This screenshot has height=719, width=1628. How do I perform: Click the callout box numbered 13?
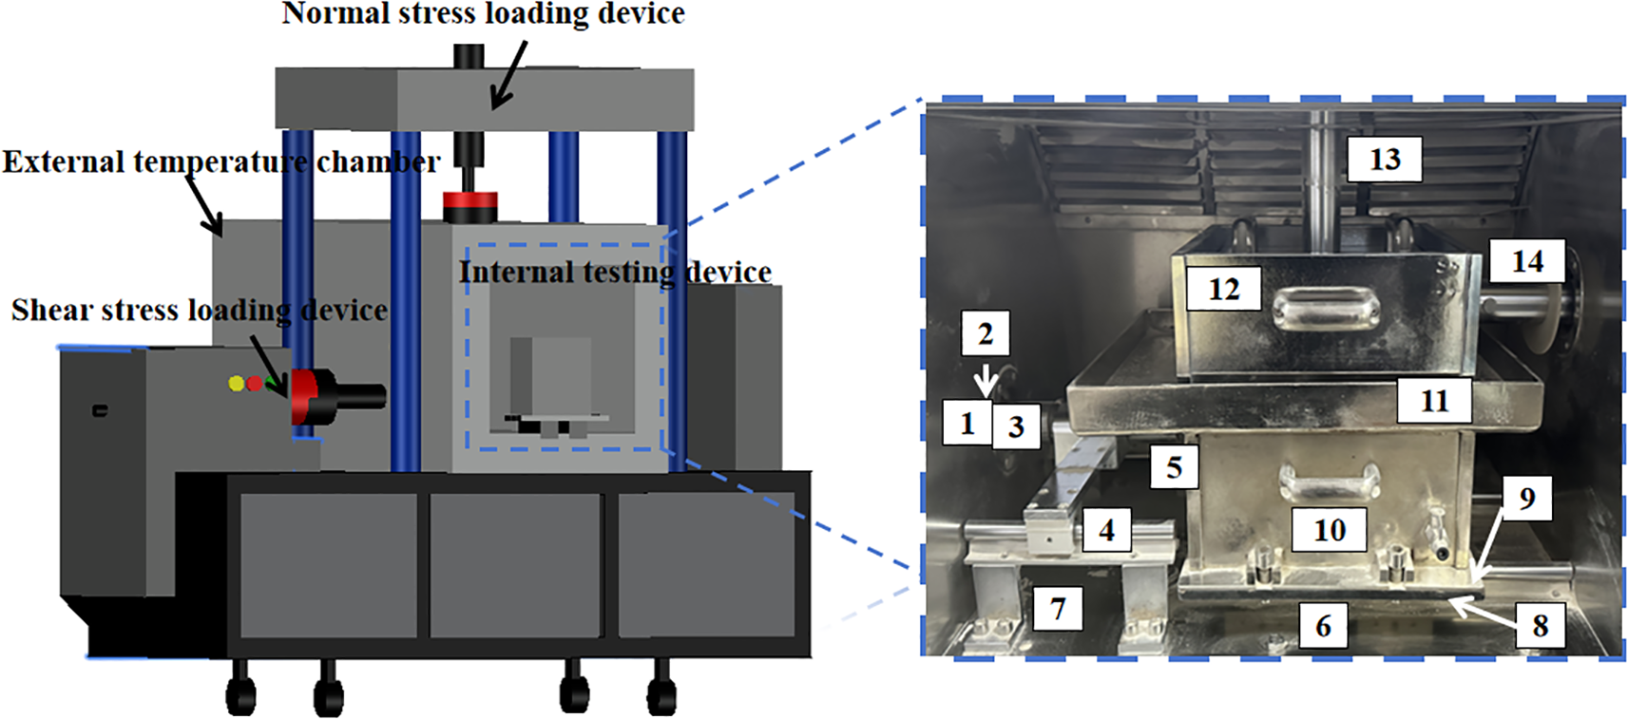pyautogui.click(x=1384, y=159)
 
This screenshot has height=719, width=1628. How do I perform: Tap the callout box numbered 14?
pyautogui.click(x=1526, y=260)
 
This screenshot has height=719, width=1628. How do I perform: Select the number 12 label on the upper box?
pyautogui.click(x=1223, y=288)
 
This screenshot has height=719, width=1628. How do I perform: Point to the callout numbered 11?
pyautogui.click(x=1433, y=400)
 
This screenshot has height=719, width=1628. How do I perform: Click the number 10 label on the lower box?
pyautogui.click(x=1329, y=529)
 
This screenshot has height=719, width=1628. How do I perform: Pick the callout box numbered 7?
pyautogui.click(x=1057, y=607)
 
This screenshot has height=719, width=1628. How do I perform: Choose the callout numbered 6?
pyautogui.click(x=1322, y=625)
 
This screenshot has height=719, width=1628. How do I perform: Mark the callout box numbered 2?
pyautogui.click(x=985, y=333)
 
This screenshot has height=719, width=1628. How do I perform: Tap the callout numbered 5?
pyautogui.click(x=1174, y=466)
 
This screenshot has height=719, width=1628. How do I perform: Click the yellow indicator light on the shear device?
pyautogui.click(x=236, y=383)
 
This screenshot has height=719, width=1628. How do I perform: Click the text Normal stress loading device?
pyautogui.click(x=483, y=13)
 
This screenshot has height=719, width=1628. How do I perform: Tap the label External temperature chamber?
pyautogui.click(x=220, y=161)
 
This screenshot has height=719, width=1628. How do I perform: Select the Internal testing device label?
pyautogui.click(x=615, y=272)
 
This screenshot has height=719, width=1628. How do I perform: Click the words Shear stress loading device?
pyautogui.click(x=200, y=310)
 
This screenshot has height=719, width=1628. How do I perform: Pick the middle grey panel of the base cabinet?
pyautogui.click(x=514, y=564)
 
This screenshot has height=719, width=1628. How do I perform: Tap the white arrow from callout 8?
pyautogui.click(x=1484, y=608)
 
